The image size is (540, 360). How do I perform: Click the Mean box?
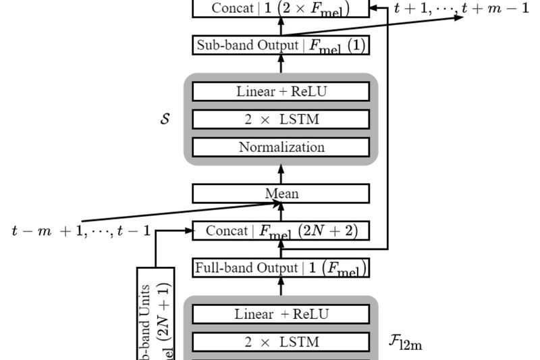281,194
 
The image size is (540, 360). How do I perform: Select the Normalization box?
281,147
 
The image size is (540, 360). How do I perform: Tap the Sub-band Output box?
281,45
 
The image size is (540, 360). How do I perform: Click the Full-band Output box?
281,267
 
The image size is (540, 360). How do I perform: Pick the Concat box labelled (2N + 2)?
281,231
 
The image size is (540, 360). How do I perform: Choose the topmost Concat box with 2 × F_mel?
281,8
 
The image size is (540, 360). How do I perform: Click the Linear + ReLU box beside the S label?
281,91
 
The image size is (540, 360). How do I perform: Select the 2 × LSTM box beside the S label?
281,119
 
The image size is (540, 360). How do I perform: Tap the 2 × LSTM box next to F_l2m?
281,342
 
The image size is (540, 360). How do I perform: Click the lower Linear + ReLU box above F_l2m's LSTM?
281,314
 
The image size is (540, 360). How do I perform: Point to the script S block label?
165,119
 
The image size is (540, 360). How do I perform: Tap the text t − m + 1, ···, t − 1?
81,231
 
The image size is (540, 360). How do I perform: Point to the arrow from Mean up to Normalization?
281,174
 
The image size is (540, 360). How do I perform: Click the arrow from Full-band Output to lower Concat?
281,250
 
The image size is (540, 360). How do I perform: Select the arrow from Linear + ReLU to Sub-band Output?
281,64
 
